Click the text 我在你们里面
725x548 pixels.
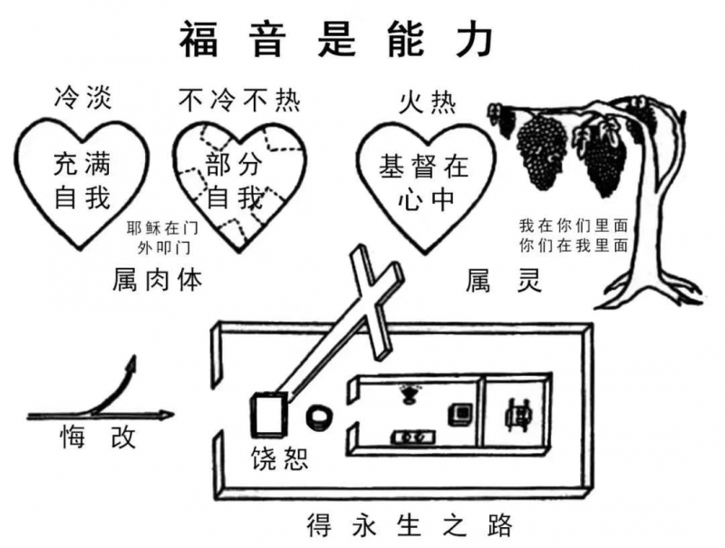point(573,225)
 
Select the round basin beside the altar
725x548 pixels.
point(321,417)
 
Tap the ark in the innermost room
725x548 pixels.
point(520,413)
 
